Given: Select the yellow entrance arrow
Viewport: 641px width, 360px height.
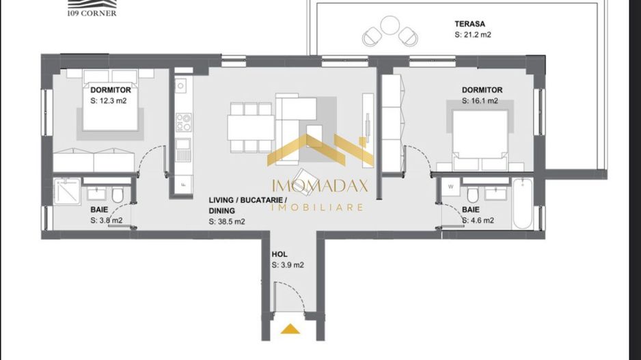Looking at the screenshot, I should coord(290,329).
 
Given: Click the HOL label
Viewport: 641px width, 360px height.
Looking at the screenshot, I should coord(279,253).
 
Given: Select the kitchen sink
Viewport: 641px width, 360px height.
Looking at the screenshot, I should coord(181,86).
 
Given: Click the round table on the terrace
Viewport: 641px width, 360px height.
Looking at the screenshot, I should coord(390,26).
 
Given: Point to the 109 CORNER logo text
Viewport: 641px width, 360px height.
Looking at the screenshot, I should coord(92,13).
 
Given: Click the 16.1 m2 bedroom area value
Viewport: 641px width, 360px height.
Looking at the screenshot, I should coord(481,101).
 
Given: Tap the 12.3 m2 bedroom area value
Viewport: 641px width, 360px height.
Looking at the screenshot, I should coord(109,100).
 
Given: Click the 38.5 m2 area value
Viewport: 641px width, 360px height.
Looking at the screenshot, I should coord(227,222).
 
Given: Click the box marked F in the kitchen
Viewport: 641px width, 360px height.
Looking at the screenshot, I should coord(183,184).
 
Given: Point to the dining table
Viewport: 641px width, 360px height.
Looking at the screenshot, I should coord(251,127).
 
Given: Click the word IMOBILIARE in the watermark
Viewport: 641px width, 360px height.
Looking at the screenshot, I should coord(318,206).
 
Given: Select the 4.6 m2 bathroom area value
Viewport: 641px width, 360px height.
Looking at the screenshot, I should coord(478,221).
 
